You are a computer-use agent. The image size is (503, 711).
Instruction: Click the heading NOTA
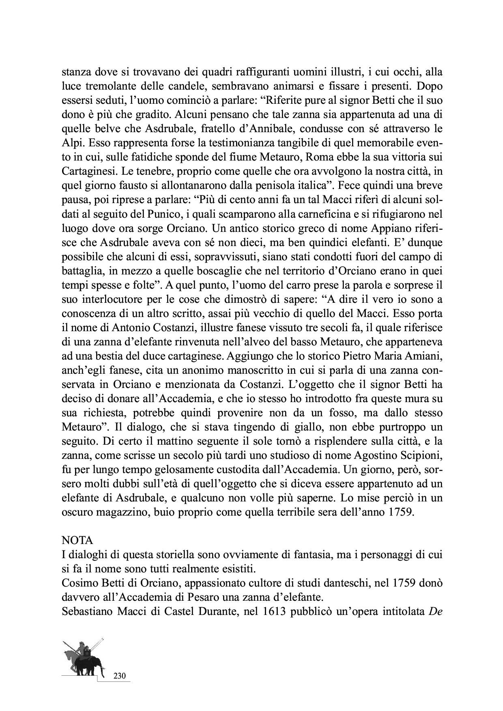77,540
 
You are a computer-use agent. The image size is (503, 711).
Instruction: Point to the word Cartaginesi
87,172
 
